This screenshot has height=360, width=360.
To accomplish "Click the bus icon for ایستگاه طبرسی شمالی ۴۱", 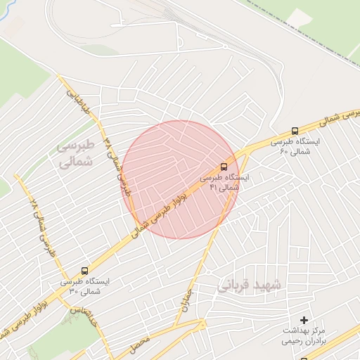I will pyautogui.click(x=224, y=167).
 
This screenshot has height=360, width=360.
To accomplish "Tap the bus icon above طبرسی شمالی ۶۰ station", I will pyautogui.click(x=294, y=131).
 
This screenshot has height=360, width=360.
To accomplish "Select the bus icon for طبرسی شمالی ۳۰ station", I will pyautogui.click(x=86, y=270).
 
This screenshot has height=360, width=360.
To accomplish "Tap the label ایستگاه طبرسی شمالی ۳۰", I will pyautogui.click(x=86, y=286).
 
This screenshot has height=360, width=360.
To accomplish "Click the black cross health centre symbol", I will pyautogui.click(x=304, y=320).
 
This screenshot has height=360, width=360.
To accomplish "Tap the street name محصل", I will pyautogui.click(x=140, y=345).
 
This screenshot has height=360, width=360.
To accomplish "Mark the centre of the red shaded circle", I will pyautogui.click(x=181, y=179).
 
